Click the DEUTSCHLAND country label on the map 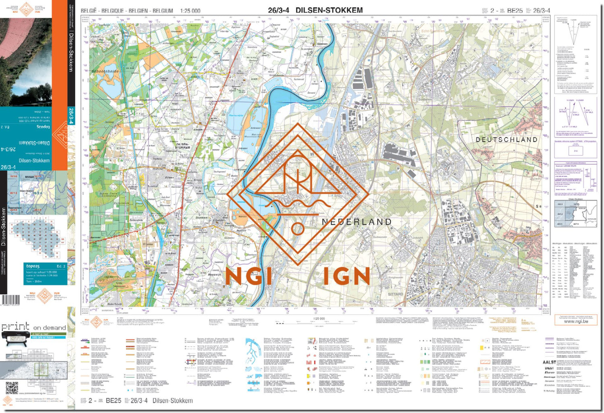507,140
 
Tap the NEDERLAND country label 357,222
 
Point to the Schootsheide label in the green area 105,71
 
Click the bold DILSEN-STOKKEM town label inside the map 182,145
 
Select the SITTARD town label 395,294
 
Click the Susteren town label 424,99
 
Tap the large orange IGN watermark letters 346,276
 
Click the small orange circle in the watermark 298,229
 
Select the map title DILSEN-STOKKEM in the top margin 329,10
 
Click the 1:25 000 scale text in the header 190,11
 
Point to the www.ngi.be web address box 575,321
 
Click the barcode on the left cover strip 10,300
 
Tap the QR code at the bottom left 12,388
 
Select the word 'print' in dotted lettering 15,326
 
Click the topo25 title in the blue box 33,266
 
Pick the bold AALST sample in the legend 549,362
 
